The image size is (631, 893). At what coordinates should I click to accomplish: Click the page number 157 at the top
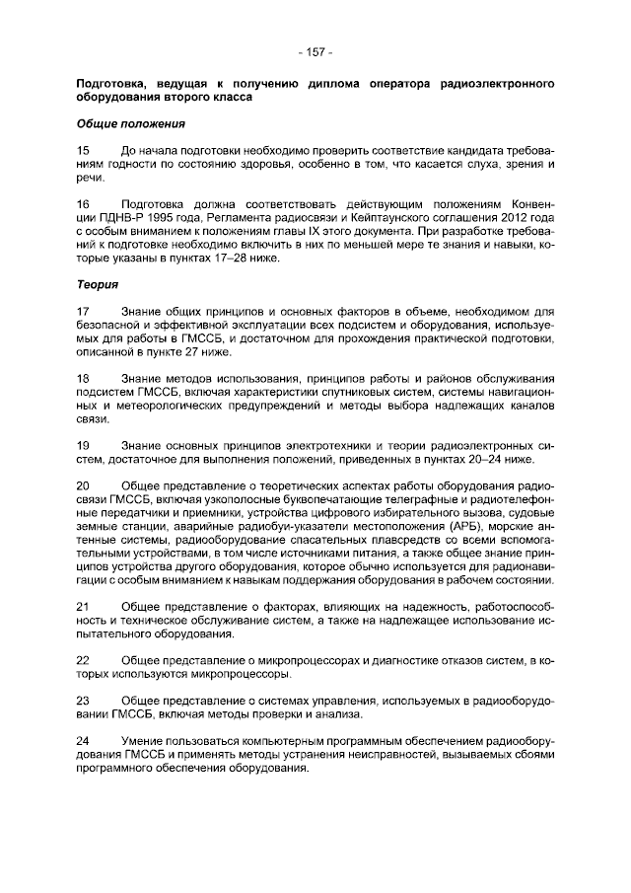pyautogui.click(x=315, y=51)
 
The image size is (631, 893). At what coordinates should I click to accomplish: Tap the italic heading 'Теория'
pyautogui.click(x=98, y=285)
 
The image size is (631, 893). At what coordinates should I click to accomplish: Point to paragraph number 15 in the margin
pyautogui.click(x=84, y=149)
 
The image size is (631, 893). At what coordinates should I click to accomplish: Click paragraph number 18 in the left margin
pyautogui.click(x=84, y=379)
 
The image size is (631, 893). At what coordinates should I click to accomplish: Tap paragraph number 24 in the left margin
pyautogui.click(x=84, y=740)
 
